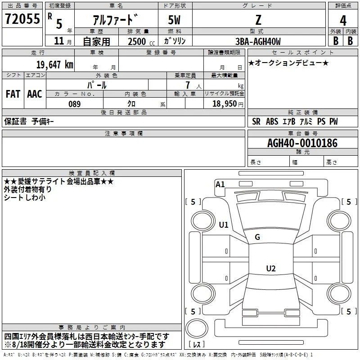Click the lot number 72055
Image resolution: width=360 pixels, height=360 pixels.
tap(22, 19)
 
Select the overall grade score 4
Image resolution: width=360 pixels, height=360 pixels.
tap(343, 20)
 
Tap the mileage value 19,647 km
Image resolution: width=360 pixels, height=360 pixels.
tap(54, 64)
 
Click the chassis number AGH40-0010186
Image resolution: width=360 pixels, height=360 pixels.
tap(302, 143)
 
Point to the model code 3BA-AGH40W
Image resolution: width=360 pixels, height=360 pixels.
tap(258, 41)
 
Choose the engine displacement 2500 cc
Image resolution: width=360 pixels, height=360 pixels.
tap(141, 41)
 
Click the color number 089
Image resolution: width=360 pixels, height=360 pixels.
tap(75, 104)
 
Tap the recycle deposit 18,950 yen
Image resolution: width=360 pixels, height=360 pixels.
tap(228, 104)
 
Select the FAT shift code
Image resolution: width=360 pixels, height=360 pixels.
tap(13, 94)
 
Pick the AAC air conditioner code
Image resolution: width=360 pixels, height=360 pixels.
tap(35, 94)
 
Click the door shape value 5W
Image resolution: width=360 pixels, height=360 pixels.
tap(174, 20)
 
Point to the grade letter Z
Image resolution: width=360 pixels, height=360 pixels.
tap(258, 20)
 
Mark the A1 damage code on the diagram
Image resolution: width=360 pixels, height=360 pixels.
tap(220, 184)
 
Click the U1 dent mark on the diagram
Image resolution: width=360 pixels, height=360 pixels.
tap(224, 225)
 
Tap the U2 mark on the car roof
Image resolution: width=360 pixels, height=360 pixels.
tap(271, 268)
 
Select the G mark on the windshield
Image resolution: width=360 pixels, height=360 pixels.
tap(257, 237)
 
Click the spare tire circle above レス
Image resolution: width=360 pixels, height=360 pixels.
tap(197, 328)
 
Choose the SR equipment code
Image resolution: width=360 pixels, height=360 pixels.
tap(256, 121)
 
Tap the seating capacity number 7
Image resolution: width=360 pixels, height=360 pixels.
tap(188, 85)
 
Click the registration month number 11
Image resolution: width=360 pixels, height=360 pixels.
tap(59, 41)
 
